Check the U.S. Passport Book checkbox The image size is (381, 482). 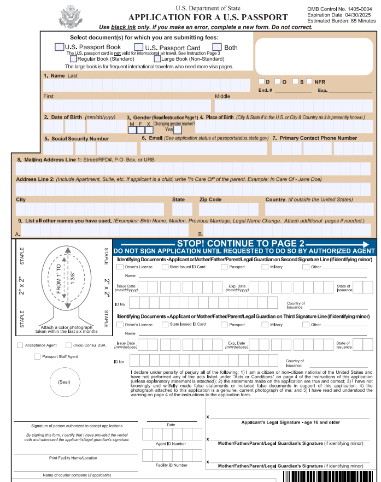59,47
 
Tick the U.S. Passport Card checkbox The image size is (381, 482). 139,47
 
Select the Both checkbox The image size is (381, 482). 217,47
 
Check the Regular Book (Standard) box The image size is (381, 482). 73,58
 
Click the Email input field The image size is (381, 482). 204,148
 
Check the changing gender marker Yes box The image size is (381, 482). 177,130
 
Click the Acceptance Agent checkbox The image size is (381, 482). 20,345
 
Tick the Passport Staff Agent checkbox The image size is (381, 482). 37,357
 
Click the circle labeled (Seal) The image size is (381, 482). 65,381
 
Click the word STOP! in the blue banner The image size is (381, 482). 193,243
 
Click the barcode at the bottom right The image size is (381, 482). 330,476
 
